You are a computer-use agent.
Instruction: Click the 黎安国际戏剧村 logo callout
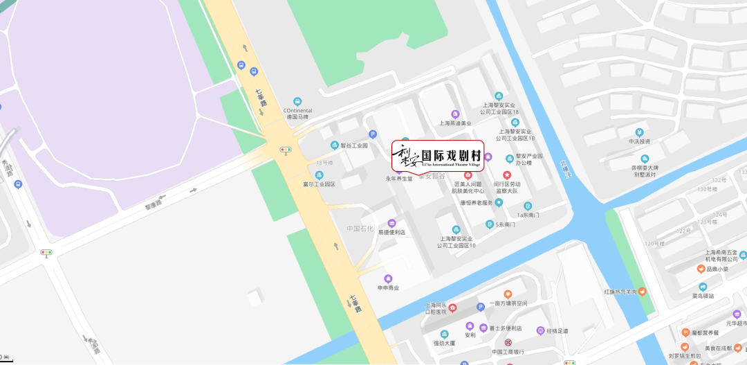pos(438,156)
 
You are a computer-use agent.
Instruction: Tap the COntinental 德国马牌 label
pos(297,113)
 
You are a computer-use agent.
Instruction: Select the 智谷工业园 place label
pos(353,146)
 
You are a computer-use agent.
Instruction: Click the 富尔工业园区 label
pos(319,184)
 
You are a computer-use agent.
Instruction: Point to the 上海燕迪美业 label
pos(455,123)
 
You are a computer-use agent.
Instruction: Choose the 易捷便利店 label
pos(391,232)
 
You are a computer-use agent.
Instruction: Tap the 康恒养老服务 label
pos(477,203)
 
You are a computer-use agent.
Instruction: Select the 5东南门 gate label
pos(501,224)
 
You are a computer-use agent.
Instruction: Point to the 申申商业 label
pos(387,287)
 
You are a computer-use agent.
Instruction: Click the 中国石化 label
pos(360,229)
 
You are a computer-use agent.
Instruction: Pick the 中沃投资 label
pos(639,141)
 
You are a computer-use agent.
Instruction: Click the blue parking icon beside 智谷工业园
pos(373,134)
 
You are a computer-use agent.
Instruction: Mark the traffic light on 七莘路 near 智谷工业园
pos(285,149)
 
